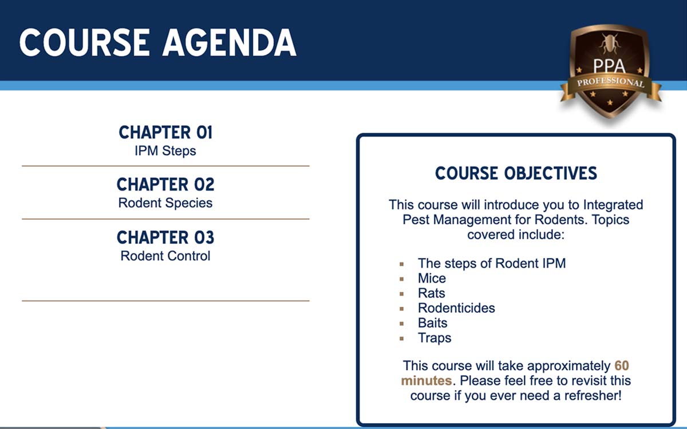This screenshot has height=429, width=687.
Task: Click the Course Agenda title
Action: pos(157,42)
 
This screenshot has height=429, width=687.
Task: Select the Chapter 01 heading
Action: pos(165,132)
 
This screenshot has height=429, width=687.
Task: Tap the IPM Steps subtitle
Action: pos(165,151)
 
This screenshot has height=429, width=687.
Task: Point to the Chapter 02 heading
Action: pos(165,184)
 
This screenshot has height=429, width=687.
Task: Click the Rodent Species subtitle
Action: pos(165,203)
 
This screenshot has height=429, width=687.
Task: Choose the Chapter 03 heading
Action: pos(165,237)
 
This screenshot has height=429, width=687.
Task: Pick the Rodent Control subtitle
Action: pos(165,256)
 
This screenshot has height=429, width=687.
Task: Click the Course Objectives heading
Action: pos(516,173)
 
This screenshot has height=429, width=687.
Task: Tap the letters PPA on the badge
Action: pos(609,66)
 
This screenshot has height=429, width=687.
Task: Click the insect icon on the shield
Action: pos(610,43)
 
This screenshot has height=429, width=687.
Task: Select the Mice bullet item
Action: pos(432,278)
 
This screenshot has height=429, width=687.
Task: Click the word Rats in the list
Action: pos(432,293)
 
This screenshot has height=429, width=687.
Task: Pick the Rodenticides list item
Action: pos(456,308)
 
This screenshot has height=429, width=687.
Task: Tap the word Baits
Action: pos(432,323)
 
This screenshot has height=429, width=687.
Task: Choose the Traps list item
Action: pos(435,338)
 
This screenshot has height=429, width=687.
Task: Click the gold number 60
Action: pos(622,366)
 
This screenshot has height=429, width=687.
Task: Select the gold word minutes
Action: pos(427,380)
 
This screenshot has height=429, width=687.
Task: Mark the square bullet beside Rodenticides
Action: pos(401,309)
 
